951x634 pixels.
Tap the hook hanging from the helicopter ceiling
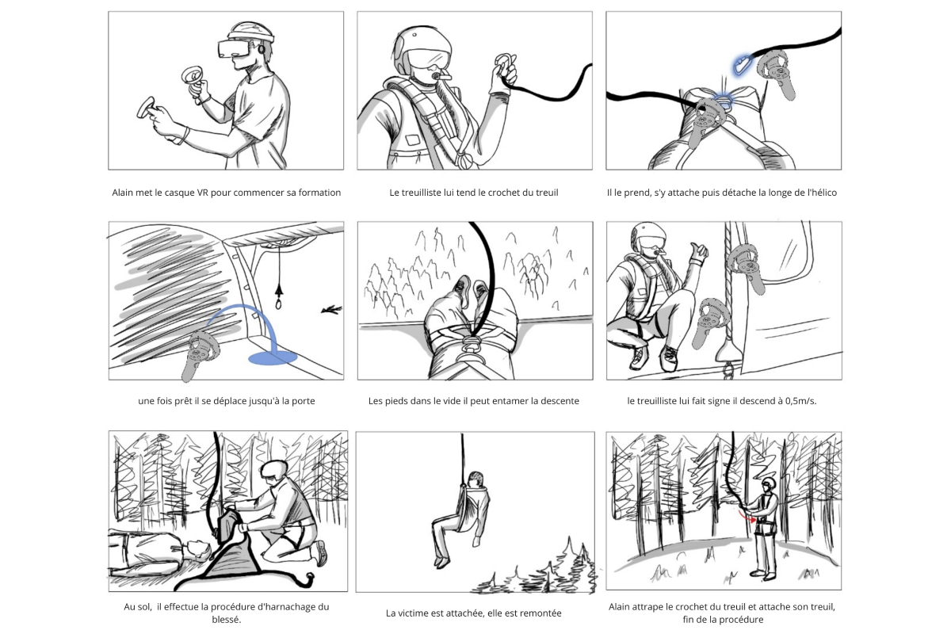pyautogui.click(x=278, y=300)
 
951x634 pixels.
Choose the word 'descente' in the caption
pyautogui.click(x=560, y=401)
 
